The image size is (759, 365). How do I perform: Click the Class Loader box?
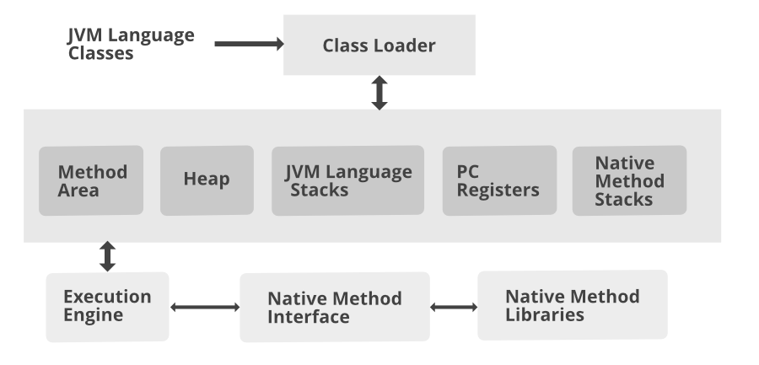click(379, 46)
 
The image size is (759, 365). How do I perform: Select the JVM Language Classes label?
click(131, 44)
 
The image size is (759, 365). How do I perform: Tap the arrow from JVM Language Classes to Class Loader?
click(249, 44)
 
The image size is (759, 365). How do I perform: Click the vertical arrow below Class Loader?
click(379, 93)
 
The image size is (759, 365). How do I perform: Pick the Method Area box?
click(91, 180)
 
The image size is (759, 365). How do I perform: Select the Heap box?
click(207, 180)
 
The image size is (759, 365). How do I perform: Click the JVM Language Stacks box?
click(347, 180)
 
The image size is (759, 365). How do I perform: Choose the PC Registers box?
click(499, 180)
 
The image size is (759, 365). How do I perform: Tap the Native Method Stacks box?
click(629, 180)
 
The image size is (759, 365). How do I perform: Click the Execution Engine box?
click(107, 307)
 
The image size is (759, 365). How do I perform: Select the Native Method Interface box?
click(334, 307)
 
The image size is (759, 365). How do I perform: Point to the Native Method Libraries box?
click(572, 305)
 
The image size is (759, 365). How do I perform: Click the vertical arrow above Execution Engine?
click(107, 256)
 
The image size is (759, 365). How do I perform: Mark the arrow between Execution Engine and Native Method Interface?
click(204, 308)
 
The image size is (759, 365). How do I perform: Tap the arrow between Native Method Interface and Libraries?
click(453, 308)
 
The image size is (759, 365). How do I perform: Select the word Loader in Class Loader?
click(407, 46)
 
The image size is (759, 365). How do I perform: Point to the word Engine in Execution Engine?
click(93, 316)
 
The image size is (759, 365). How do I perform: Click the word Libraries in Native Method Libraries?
click(545, 314)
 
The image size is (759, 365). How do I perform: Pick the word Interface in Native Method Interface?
click(308, 317)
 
